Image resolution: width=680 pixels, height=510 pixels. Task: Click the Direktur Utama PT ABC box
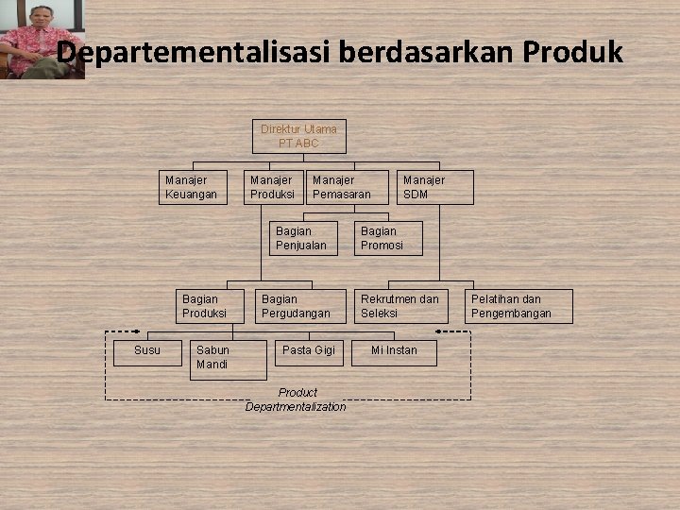[298, 136]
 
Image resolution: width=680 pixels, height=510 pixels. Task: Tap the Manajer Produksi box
[274, 187]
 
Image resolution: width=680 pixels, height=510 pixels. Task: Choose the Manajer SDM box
[434, 187]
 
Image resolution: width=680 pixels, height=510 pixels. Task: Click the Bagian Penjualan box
[302, 238]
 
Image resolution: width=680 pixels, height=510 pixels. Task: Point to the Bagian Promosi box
[388, 238]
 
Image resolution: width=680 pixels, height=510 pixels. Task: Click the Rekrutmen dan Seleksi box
[400, 306]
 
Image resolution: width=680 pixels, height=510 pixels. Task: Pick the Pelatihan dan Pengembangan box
[518, 306]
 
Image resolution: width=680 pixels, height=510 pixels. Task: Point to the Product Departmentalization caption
[296, 399]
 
